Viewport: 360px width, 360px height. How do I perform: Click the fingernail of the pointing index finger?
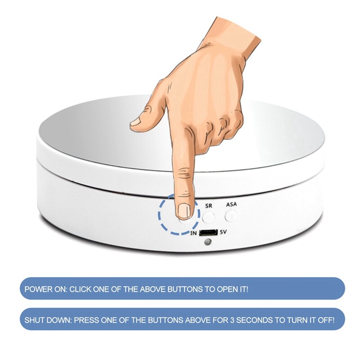coord(184,210)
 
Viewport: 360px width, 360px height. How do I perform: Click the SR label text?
coord(209,205)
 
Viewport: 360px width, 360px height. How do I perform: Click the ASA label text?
coord(231,204)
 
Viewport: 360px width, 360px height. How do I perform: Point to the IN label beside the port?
coord(193,233)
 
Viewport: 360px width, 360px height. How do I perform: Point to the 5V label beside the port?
coord(224,233)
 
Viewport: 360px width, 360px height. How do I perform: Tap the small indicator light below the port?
coord(207,243)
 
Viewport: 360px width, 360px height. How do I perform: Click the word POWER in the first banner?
coord(37,289)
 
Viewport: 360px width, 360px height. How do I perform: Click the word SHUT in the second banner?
coord(34,320)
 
